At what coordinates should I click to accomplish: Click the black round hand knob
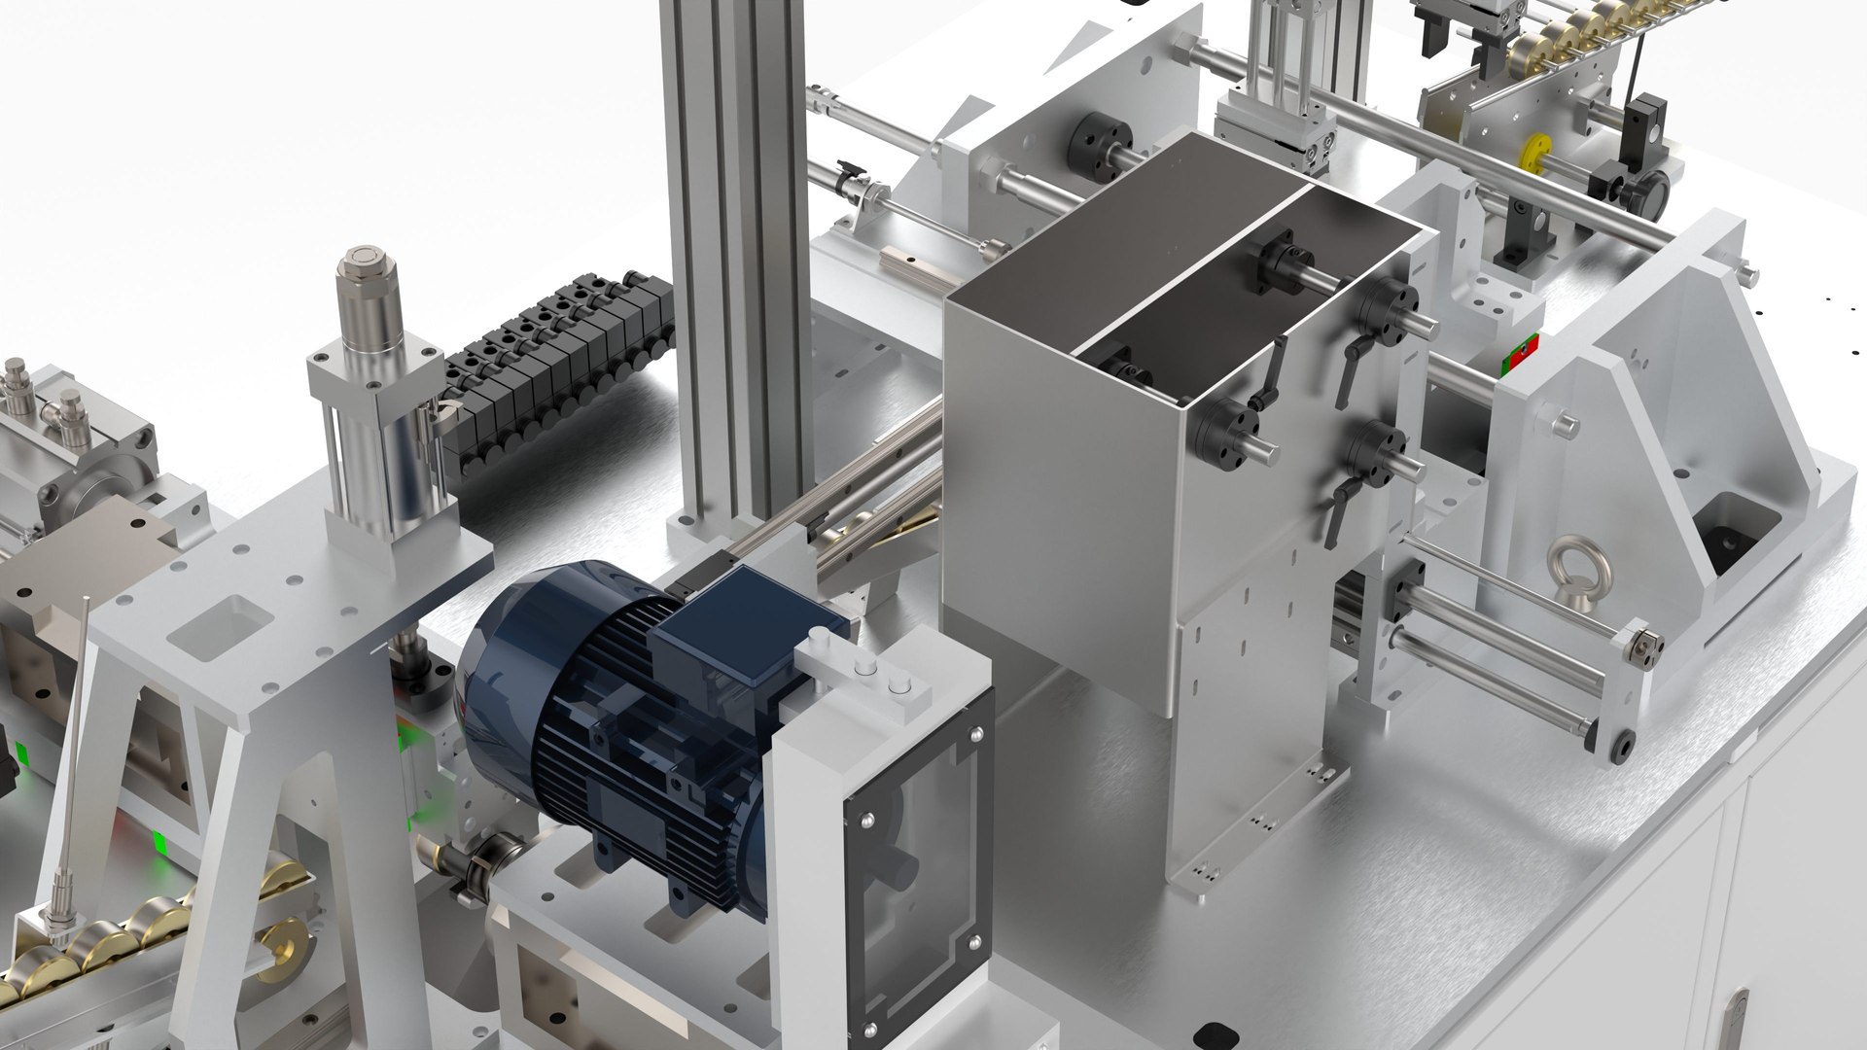[1646, 191]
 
